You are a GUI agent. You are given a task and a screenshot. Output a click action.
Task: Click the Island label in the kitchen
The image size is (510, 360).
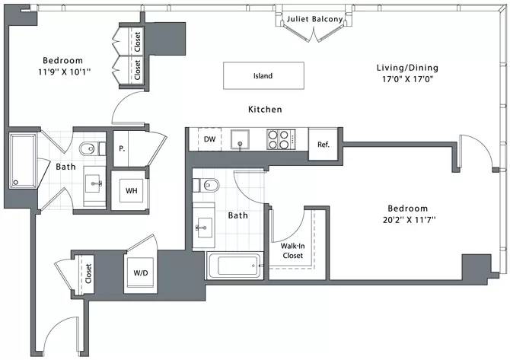point(263,76)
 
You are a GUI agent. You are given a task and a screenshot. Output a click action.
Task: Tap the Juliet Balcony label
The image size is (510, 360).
point(314,19)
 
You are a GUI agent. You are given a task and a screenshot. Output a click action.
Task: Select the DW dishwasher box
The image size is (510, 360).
point(209,139)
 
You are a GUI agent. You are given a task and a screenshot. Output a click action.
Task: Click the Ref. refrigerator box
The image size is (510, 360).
point(323,144)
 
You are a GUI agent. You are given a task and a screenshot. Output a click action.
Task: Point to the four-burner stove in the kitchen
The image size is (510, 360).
point(279,139)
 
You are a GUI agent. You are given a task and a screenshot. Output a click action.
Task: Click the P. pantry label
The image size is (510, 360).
point(122,149)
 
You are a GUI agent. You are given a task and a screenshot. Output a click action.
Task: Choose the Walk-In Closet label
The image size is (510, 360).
point(293,250)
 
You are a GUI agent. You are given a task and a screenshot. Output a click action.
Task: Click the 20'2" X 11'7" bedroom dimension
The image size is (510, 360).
point(407,220)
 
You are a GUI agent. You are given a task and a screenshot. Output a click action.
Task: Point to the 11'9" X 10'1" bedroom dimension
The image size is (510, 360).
point(62,74)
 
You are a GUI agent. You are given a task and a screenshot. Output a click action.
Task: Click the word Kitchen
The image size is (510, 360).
point(265,110)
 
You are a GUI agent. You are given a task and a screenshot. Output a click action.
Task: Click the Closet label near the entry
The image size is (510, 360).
point(89,272)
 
